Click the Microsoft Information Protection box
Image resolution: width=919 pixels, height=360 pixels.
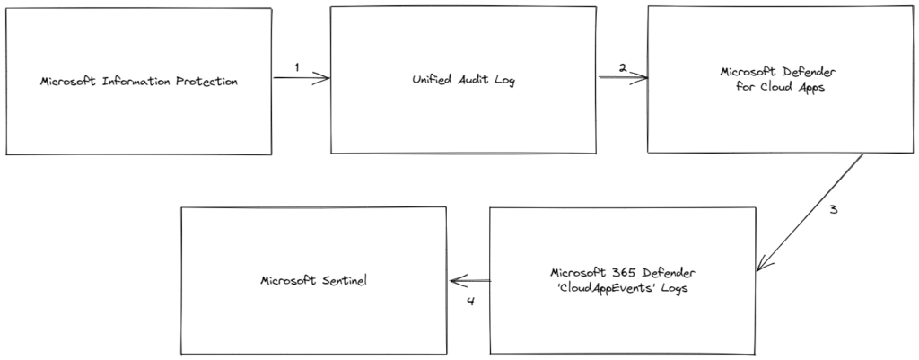click(x=139, y=82)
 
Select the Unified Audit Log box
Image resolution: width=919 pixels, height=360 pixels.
click(x=464, y=80)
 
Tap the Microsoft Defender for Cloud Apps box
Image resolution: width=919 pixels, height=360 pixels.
click(x=780, y=80)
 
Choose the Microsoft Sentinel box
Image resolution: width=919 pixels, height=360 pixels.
click(x=313, y=280)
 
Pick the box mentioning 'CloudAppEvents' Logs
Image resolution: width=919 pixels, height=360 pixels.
click(x=623, y=280)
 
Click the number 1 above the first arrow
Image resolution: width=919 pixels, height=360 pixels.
click(x=297, y=67)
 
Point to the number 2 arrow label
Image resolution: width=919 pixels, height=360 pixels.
click(x=623, y=68)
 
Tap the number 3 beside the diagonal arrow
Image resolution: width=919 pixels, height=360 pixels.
click(x=833, y=210)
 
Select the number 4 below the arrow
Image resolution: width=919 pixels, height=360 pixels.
click(x=470, y=302)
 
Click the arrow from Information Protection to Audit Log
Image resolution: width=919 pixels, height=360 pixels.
click(x=302, y=78)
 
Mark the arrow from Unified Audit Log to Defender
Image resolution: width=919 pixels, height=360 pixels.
click(x=623, y=77)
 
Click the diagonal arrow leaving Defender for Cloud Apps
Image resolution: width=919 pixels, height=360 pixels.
click(x=810, y=212)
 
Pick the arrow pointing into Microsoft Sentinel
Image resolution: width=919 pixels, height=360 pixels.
click(x=469, y=281)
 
